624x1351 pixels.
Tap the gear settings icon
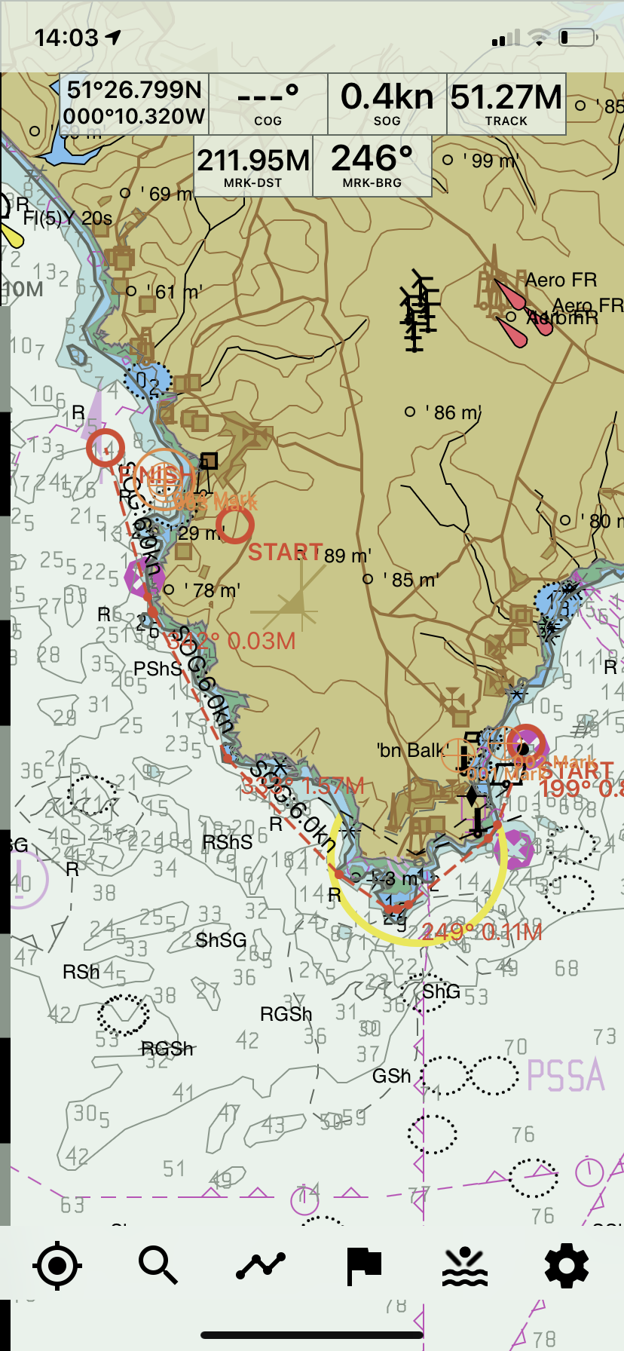pos(566,1266)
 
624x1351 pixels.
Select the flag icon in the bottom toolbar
pos(363,1266)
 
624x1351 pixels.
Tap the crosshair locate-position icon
pos(57,1266)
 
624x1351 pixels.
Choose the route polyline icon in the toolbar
pos(261,1266)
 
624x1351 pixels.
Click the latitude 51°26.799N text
pos(134,90)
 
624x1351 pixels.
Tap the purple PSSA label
pos(566,1075)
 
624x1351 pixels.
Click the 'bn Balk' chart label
pos(411,750)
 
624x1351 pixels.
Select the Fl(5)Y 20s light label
pos(67,219)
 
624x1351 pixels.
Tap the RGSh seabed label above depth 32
pos(167,1049)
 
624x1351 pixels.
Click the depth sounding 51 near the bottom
pos(173,1169)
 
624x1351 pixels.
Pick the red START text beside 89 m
pos(285,553)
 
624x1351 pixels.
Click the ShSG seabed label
pos(221,940)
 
